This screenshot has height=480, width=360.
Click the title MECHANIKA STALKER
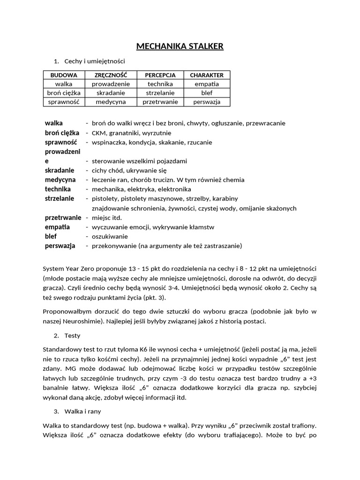[180, 46]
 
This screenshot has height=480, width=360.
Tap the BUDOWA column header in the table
[63, 75]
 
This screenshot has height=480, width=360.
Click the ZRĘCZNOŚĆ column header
[111, 75]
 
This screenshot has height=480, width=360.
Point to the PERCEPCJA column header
[160, 75]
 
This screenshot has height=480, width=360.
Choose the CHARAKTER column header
[207, 75]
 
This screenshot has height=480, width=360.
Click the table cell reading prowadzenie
[111, 84]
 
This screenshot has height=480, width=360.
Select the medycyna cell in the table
[111, 102]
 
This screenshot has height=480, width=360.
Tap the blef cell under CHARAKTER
[207, 93]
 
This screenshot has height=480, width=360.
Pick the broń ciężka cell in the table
[63, 93]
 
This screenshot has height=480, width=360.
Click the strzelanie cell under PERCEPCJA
[160, 93]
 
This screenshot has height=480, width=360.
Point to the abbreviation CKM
[99, 133]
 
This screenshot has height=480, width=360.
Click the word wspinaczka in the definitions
[109, 142]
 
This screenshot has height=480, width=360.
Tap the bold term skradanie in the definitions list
[60, 170]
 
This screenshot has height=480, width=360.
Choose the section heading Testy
[73, 336]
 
